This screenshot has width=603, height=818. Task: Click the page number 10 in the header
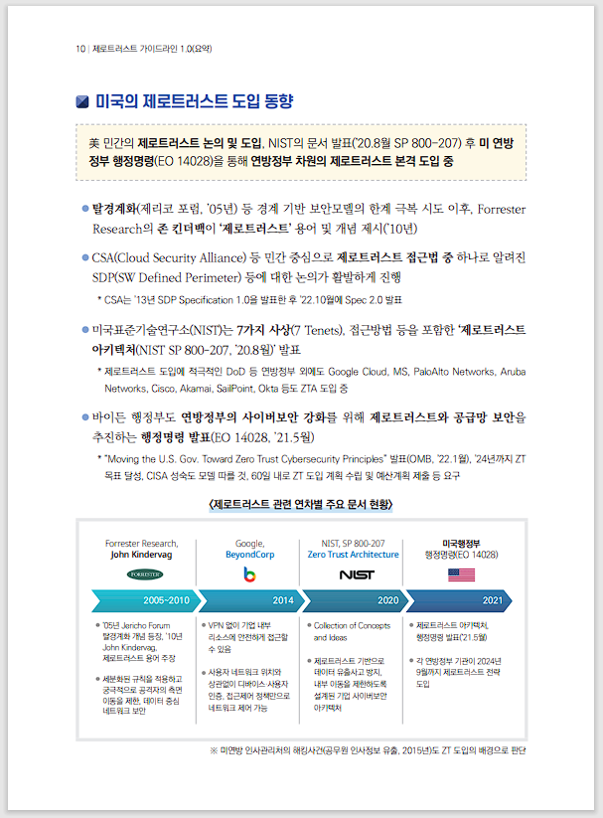coord(79,48)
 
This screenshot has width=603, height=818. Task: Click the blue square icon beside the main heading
coord(83,101)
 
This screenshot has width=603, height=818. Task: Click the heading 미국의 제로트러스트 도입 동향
coord(194,101)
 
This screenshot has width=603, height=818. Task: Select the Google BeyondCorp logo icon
coord(250,574)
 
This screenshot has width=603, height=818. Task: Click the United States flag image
coord(461,574)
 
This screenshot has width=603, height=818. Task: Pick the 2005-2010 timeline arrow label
coord(165,601)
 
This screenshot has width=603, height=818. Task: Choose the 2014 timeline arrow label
coord(282,601)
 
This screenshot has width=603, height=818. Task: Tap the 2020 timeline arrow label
coord(387,601)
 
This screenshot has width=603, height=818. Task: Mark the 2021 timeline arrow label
coord(492,601)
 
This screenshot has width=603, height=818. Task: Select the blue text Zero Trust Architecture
coord(354,555)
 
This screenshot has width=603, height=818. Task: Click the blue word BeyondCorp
coord(250,555)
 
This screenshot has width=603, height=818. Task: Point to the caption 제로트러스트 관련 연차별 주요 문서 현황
coord(301,506)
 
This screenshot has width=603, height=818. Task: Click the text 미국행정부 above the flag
coord(461,543)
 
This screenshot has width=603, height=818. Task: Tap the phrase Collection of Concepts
coord(353,625)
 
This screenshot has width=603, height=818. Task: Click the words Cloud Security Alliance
coord(182,257)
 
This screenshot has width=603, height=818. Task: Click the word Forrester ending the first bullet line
coord(502,210)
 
